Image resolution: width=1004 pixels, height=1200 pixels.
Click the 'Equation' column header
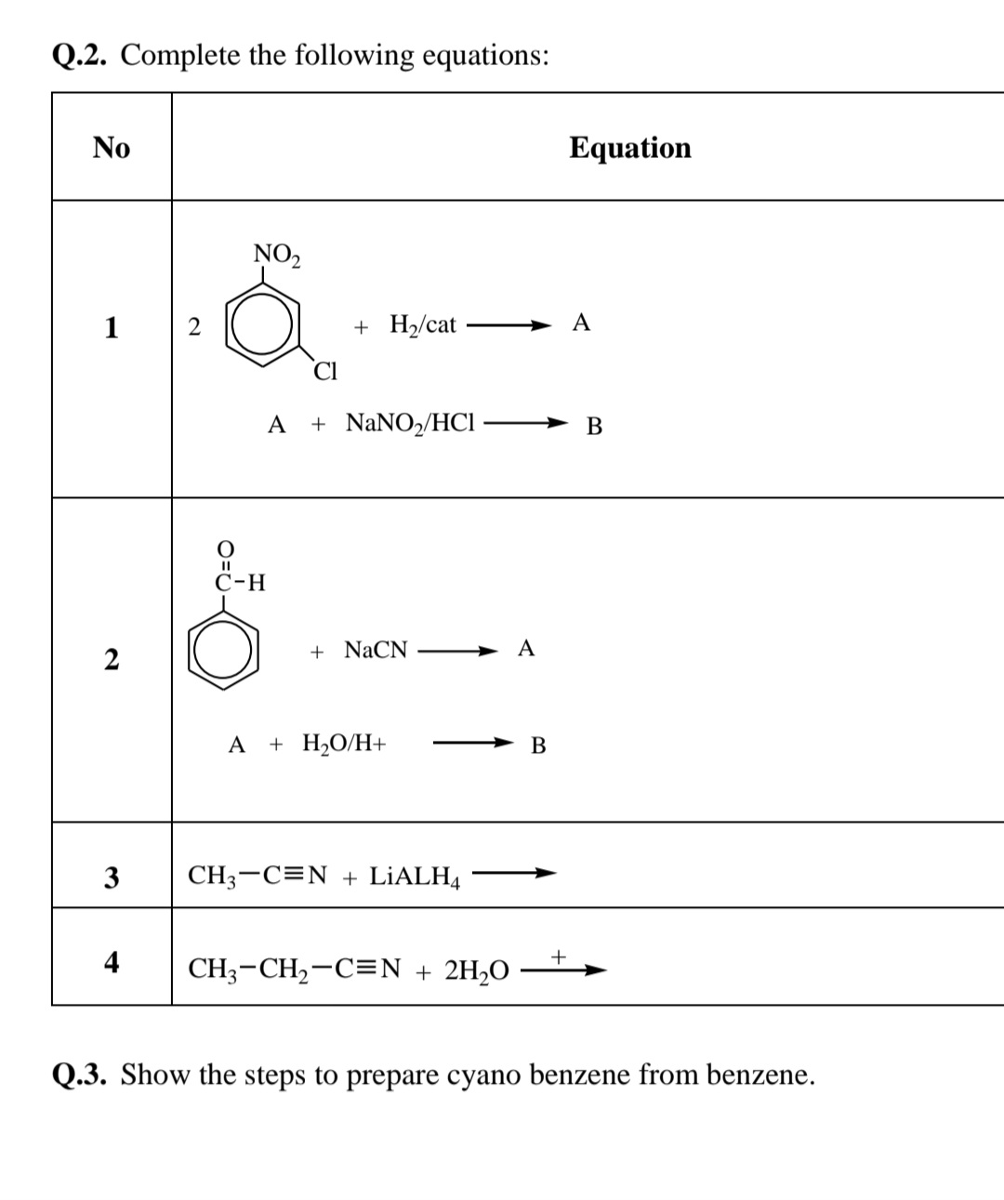pos(629,148)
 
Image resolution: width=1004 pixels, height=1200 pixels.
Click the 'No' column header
pos(112,148)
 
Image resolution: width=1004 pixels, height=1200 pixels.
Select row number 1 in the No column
pos(112,327)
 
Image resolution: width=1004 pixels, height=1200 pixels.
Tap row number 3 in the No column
pos(112,877)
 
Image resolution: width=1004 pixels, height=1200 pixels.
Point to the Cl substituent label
pos(325,372)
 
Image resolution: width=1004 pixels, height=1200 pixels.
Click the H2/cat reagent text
pos(422,325)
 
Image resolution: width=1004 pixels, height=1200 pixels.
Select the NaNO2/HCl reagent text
pos(410,424)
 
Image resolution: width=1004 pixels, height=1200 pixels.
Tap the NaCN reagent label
pos(376,650)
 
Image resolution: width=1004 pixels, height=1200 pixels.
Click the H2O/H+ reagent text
pos(344,744)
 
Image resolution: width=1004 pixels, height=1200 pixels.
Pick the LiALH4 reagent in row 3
pos(415,877)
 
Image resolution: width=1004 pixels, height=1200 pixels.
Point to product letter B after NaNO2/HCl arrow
pos(595,427)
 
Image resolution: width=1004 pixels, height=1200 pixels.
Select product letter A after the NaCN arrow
pos(526,649)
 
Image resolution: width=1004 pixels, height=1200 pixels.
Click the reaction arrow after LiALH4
pos(513,873)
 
